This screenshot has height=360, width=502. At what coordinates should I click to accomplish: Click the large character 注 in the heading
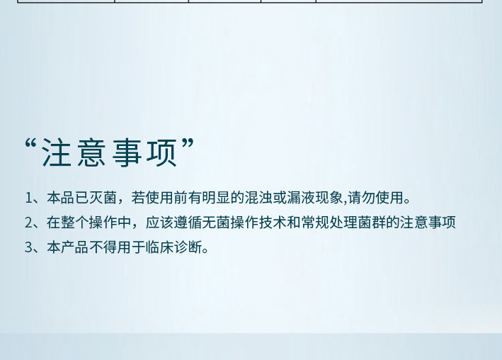point(57,153)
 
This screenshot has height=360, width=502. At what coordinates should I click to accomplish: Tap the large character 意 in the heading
point(92,153)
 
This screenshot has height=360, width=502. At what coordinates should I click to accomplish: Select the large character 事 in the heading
point(127,153)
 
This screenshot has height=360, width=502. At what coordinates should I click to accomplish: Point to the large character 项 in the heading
point(162,153)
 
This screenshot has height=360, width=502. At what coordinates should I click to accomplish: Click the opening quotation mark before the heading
point(30,144)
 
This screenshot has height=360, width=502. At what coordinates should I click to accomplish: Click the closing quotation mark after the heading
point(188,144)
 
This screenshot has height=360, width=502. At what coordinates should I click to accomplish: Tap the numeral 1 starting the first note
point(28,198)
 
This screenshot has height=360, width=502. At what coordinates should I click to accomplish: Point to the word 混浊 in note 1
point(258,198)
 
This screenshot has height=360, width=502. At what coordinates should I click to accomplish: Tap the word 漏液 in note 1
point(301,198)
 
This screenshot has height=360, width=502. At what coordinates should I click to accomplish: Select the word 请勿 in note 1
point(361,198)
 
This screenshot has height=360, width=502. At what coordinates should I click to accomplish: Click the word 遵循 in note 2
point(188,222)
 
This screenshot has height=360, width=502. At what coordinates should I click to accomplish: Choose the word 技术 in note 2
point(273,222)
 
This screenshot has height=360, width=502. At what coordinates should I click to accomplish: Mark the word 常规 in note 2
point(315,222)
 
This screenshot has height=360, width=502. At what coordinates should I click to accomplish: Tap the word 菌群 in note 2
point(372,222)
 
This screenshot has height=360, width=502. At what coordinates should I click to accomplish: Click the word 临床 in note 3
point(159,247)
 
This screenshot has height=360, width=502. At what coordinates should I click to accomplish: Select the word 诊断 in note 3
point(188,247)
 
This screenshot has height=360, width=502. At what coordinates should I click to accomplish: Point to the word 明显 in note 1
point(216,198)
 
